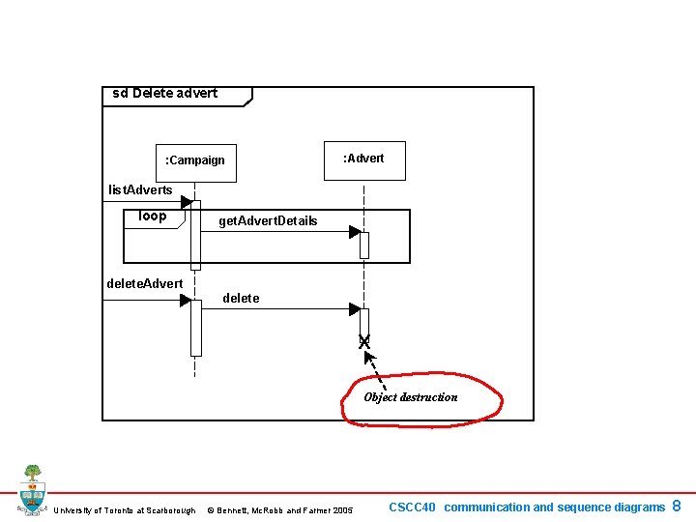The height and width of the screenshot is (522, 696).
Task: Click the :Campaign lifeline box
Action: [x=195, y=159]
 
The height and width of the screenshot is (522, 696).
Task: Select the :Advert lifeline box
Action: [x=363, y=159]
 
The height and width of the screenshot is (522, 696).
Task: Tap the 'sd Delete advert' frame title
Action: [x=165, y=94]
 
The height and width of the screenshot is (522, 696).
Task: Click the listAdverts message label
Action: [x=140, y=189]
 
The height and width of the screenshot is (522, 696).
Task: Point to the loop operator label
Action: [x=153, y=216]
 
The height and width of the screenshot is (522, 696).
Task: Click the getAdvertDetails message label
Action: [x=268, y=221]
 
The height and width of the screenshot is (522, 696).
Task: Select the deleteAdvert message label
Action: [x=144, y=283]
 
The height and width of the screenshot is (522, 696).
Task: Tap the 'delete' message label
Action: [x=241, y=299]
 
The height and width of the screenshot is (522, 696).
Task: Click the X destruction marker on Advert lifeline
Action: [x=364, y=341]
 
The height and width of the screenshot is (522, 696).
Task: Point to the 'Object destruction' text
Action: [x=411, y=397]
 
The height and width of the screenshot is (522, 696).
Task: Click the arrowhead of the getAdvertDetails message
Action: [x=355, y=232]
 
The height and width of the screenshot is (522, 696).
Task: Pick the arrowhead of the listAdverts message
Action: [x=187, y=202]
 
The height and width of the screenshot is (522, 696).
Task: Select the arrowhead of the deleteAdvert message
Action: [x=186, y=301]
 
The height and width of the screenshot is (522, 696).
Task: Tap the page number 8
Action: [x=677, y=506]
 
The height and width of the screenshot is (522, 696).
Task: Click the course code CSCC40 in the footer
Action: [x=413, y=507]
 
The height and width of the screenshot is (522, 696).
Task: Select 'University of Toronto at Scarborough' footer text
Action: [x=125, y=510]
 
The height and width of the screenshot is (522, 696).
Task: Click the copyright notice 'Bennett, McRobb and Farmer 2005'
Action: [x=280, y=510]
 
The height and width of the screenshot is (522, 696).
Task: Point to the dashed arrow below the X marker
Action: [x=376, y=364]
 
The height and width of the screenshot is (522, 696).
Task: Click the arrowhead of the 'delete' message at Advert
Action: [x=355, y=309]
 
